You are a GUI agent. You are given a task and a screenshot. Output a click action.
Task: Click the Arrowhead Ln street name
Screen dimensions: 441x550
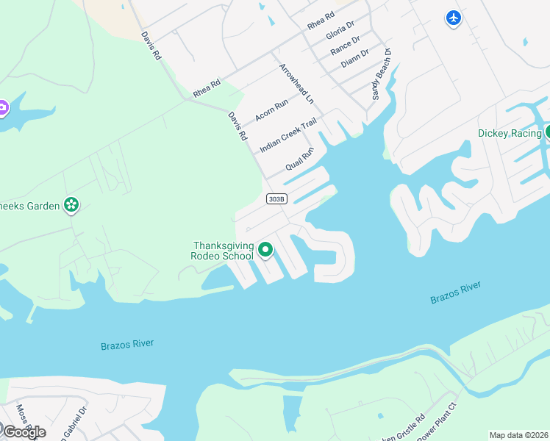(296, 83)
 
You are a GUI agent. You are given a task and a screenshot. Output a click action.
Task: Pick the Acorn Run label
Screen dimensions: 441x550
(271, 111)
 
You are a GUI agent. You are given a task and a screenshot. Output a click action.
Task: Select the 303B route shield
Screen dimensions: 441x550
(276, 199)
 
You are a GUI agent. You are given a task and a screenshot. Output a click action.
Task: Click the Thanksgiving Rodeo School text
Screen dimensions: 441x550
(223, 251)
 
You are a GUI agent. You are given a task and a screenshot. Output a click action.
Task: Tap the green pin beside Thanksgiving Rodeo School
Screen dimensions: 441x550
(265, 250)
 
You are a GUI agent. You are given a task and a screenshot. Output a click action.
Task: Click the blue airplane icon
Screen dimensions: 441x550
(454, 18)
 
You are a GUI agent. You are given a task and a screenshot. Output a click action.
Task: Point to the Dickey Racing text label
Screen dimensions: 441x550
(510, 133)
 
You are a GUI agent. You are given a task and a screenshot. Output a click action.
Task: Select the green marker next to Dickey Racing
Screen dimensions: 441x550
(548, 132)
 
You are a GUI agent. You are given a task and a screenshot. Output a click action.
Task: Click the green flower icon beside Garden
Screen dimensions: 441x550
(71, 205)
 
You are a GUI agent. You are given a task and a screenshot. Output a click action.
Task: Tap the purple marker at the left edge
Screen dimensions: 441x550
(2, 108)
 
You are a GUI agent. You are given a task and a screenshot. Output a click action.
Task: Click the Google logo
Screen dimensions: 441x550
(24, 431)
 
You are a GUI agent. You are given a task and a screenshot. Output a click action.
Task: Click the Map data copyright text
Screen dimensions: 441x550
(518, 435)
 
